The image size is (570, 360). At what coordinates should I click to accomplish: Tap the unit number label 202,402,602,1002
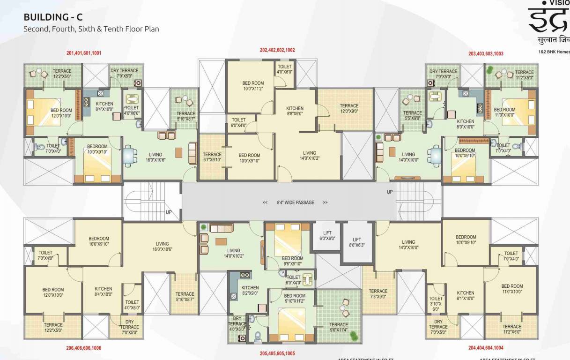pos(277,50)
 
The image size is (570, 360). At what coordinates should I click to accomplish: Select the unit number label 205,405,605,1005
pos(277,353)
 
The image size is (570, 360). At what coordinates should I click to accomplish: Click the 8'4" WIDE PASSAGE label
pos(295,202)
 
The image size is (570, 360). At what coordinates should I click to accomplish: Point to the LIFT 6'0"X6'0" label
pos(327,236)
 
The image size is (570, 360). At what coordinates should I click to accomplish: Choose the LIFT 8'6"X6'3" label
pos(357,242)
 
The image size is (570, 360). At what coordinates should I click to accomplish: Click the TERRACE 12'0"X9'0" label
pos(348,109)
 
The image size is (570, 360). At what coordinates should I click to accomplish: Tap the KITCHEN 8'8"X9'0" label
pos(295,111)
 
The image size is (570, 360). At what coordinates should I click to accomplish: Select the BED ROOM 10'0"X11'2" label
pos(253,86)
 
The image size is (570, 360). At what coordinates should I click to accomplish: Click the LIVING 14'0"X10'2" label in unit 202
pos(309,156)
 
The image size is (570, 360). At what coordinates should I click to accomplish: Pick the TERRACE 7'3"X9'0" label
pos(378,294)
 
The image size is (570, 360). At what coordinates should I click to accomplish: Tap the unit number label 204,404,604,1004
pos(486,348)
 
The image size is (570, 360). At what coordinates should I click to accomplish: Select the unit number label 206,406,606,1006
pos(84,348)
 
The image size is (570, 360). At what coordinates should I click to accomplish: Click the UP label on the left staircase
pos(169,212)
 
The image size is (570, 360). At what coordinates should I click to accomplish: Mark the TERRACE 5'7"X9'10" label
pos(212,157)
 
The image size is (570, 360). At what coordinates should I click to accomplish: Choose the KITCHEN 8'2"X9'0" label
pos(250,291)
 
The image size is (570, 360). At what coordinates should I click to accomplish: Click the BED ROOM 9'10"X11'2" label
pos(295,299)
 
